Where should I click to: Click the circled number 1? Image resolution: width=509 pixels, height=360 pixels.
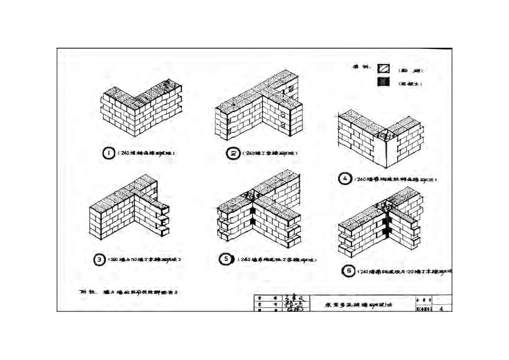pyautogui.click(x=108, y=153)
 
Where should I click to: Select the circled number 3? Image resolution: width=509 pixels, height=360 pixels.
pyautogui.click(x=99, y=259)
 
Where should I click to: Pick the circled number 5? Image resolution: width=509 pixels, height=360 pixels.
pyautogui.click(x=226, y=259)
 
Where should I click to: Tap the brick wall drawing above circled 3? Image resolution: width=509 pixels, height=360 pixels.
pyautogui.click(x=129, y=209)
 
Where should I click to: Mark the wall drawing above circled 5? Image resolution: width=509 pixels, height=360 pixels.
pyautogui.click(x=259, y=211)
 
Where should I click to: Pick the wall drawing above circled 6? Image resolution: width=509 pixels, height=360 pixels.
pyautogui.click(x=380, y=224)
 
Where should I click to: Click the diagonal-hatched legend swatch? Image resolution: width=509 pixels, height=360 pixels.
pyautogui.click(x=383, y=70)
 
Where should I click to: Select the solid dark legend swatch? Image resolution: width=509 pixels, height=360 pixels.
pyautogui.click(x=383, y=83)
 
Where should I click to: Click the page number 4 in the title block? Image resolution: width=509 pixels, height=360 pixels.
pyautogui.click(x=441, y=309)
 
